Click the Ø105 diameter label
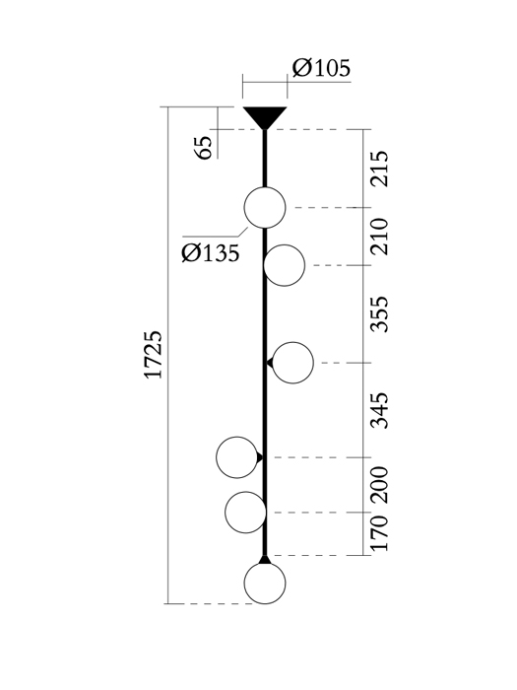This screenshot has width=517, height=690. (321, 68)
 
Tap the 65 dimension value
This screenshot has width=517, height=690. (203, 148)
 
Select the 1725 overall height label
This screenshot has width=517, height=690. (154, 355)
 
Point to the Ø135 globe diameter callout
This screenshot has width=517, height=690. (211, 253)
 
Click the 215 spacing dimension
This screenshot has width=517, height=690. (379, 169)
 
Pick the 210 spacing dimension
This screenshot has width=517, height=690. (379, 237)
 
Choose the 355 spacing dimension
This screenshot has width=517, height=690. (379, 314)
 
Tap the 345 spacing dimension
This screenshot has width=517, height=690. (379, 411)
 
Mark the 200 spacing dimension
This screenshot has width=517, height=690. (379, 485)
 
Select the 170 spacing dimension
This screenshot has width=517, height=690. (379, 533)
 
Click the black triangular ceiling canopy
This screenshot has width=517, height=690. (265, 116)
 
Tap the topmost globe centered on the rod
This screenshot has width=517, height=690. (265, 208)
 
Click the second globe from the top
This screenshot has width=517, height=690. (284, 265)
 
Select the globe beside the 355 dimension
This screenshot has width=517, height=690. (292, 363)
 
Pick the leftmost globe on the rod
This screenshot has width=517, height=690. (236, 457)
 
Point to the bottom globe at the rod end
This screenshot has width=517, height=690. (265, 584)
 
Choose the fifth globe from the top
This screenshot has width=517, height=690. (245, 513)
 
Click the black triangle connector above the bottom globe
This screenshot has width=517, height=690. (265, 560)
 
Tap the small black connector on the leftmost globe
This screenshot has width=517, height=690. (260, 457)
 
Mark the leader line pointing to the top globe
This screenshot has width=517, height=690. (216, 235)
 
